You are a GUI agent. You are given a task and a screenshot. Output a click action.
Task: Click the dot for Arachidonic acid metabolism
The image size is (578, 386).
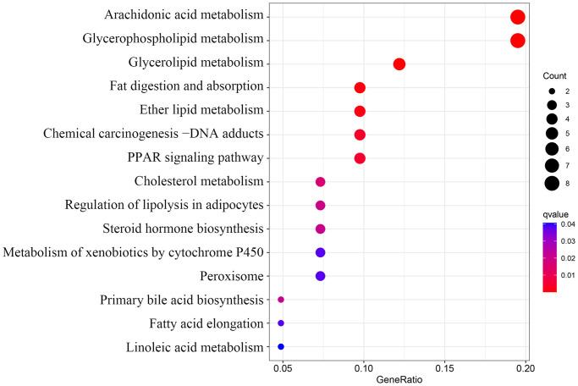(x=518, y=17)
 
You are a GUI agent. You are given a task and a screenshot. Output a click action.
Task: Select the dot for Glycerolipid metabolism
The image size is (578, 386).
(x=399, y=64)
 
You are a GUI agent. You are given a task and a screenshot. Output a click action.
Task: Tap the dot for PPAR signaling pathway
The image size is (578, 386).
(x=360, y=158)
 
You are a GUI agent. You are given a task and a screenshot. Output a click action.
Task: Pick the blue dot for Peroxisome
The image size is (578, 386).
(x=320, y=276)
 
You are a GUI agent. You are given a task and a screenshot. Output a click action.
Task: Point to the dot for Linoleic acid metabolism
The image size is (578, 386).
(x=281, y=347)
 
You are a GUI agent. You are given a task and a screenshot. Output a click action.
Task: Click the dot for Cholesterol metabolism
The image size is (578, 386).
(x=320, y=182)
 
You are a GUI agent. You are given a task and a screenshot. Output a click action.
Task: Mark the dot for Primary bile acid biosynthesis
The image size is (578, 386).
(x=281, y=300)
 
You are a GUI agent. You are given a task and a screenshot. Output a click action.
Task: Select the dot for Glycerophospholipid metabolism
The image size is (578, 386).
(x=518, y=41)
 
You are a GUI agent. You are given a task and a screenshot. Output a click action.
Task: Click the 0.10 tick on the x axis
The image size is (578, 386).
(x=363, y=369)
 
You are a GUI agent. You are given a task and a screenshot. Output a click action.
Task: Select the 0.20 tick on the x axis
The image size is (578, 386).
(x=525, y=369)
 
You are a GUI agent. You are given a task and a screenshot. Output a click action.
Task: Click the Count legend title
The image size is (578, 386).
(x=555, y=75)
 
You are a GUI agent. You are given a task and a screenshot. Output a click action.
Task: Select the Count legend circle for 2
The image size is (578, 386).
(x=552, y=91)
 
